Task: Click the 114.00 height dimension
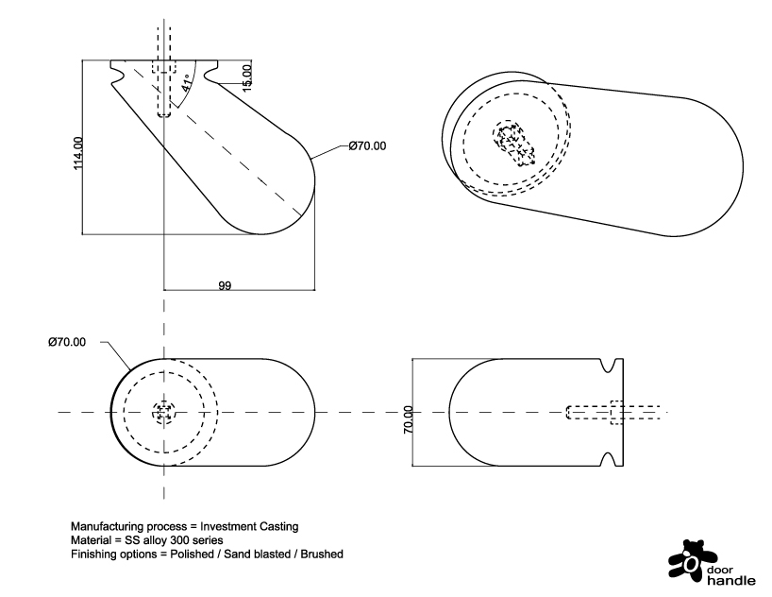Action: pyautogui.click(x=77, y=154)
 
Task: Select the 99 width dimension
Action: pyautogui.click(x=225, y=284)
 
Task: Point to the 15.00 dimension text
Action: pyautogui.click(x=247, y=77)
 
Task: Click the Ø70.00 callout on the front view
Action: pyautogui.click(x=367, y=145)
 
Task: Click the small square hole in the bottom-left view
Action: pyautogui.click(x=164, y=412)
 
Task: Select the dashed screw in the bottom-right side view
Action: pyautogui.click(x=613, y=412)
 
